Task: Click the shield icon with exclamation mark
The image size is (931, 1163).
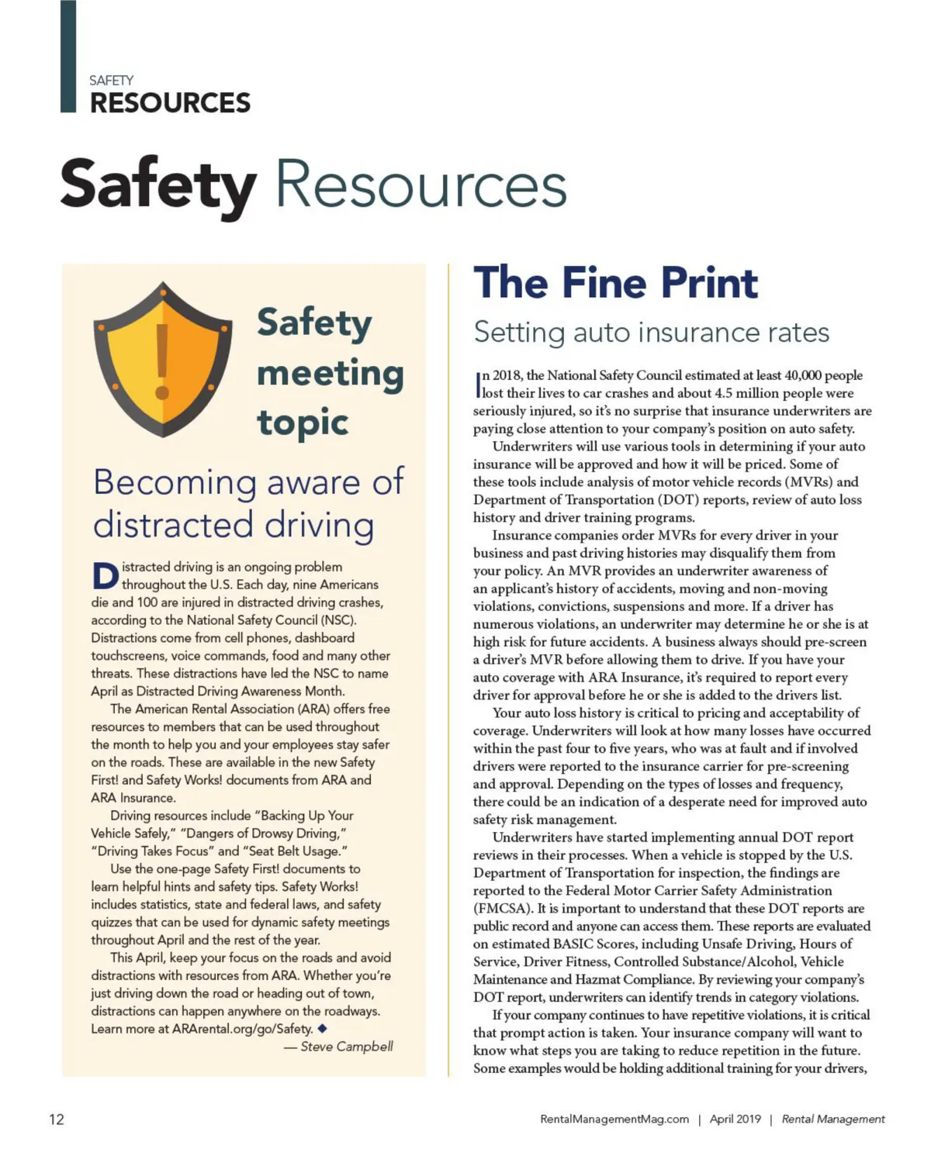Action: tap(162, 360)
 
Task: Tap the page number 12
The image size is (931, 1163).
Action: tap(57, 1119)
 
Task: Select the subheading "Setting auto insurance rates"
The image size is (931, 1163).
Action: tap(651, 333)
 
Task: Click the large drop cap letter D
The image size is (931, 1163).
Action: tap(105, 575)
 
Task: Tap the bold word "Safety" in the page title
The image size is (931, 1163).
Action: tap(158, 185)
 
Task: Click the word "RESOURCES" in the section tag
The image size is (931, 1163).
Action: tap(170, 103)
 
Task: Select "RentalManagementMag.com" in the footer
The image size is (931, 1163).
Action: tap(614, 1119)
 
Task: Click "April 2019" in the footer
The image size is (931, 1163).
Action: tap(735, 1119)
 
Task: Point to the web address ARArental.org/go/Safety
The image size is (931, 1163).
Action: tap(242, 1029)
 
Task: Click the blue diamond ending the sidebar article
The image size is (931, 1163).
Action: tap(322, 1028)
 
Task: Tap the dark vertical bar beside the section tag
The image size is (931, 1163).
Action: tap(68, 56)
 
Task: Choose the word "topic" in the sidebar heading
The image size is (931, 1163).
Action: tap(303, 423)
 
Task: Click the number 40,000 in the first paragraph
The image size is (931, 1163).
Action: tap(801, 375)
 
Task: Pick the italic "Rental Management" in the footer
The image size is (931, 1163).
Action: tap(833, 1119)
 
